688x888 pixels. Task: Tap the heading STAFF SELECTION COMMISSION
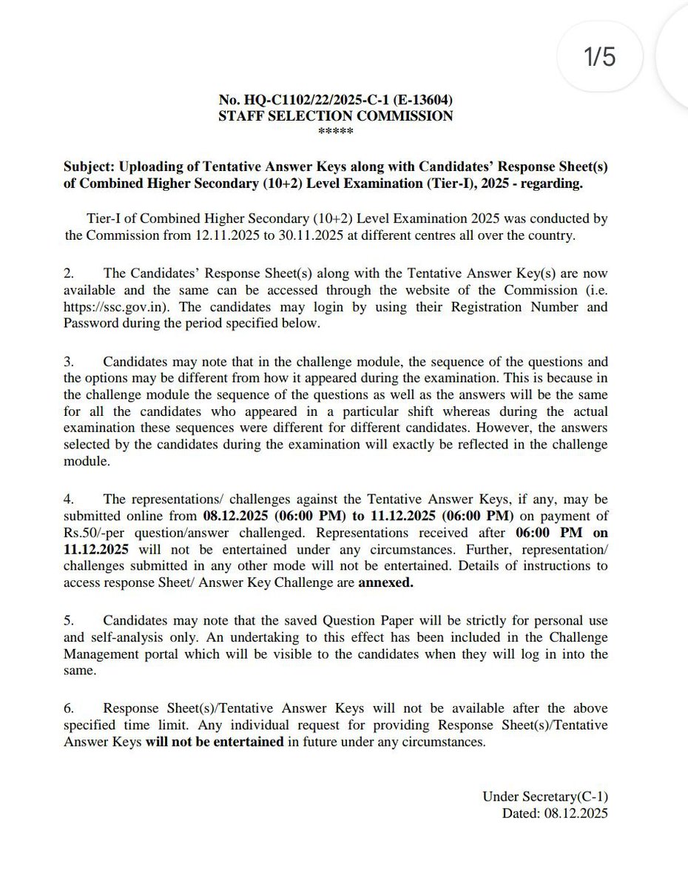(336, 115)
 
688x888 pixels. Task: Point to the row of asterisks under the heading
(335, 131)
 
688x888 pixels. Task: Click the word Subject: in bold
(89, 168)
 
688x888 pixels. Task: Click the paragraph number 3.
(68, 362)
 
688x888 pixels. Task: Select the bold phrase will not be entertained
(215, 741)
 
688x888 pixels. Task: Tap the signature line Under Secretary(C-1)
(545, 796)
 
